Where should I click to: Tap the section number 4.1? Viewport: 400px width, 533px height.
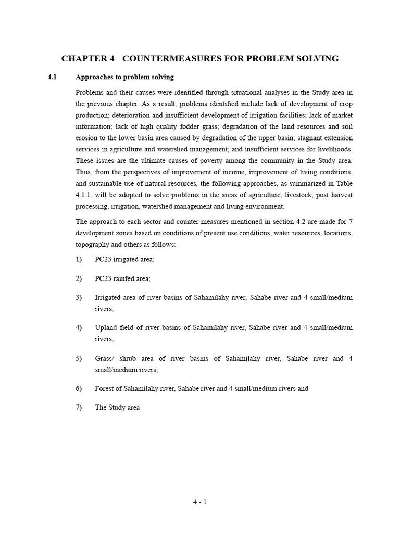(52, 77)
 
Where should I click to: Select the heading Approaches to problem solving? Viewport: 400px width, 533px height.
(124, 77)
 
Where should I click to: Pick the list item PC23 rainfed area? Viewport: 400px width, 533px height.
(122, 278)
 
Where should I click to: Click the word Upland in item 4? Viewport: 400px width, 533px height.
(105, 328)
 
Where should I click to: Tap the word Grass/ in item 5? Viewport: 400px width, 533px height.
(105, 359)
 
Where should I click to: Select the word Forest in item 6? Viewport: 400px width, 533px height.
(105, 388)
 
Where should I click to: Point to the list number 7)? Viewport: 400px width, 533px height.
(79, 408)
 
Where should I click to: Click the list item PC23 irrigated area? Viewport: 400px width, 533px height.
(124, 259)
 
